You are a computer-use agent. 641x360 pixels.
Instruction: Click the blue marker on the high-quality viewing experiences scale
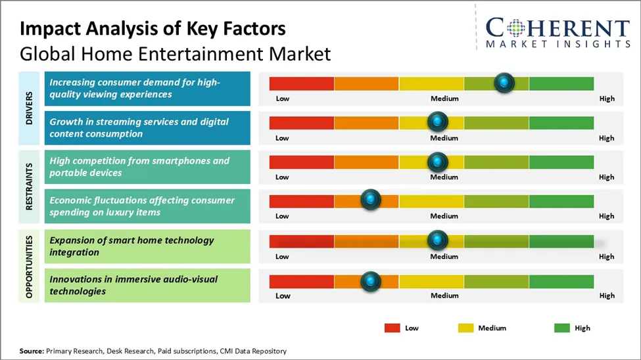(x=504, y=83)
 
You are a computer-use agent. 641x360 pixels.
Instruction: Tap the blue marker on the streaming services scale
(x=437, y=122)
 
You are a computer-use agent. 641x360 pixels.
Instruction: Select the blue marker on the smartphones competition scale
(x=437, y=162)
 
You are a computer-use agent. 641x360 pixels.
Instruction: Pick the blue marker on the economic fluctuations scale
(x=371, y=200)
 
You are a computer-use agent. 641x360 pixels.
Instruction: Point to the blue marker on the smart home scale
(x=437, y=240)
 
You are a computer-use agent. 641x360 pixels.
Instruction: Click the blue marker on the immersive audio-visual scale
(x=371, y=281)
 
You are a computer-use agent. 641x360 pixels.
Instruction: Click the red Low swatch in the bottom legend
(x=392, y=328)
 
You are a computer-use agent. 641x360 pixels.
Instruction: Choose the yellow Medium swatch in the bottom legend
(x=466, y=328)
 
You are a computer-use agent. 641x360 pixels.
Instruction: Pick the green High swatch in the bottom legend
(x=562, y=328)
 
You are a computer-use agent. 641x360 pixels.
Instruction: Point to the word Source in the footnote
(x=31, y=351)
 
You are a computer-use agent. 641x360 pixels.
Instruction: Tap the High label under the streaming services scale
(x=607, y=138)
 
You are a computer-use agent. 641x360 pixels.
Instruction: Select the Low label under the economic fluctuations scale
(x=282, y=216)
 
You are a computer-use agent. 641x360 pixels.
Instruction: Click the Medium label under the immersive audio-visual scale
(x=444, y=296)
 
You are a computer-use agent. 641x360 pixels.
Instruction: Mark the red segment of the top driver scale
(x=302, y=83)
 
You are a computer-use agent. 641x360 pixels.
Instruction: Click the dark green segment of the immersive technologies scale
(x=561, y=282)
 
